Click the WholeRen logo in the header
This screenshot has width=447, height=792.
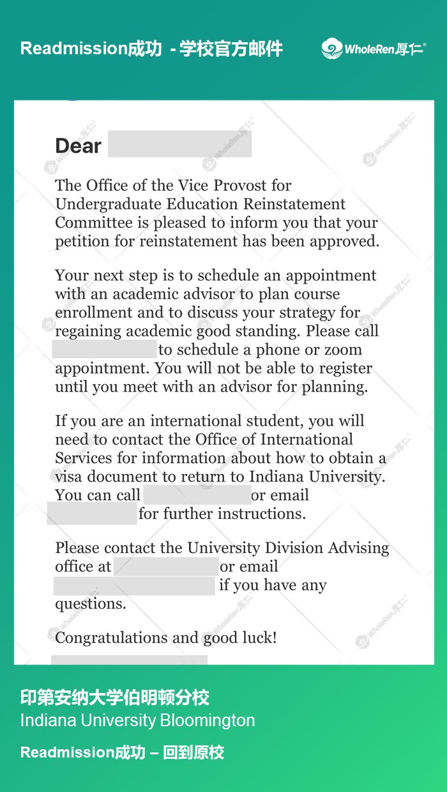point(374,49)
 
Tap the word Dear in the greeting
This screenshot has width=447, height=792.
point(78,146)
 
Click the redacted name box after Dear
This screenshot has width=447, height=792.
point(179,144)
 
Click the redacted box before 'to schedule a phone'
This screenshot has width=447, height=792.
point(104,349)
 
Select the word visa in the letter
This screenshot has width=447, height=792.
point(70,476)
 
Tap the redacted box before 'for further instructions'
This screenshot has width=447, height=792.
point(92,514)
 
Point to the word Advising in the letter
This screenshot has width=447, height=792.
point(358,548)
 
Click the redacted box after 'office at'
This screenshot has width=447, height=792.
point(166,567)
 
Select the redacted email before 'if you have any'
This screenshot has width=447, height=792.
point(134,585)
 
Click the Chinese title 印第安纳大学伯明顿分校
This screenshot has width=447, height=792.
point(115,697)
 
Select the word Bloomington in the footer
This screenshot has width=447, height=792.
point(207,720)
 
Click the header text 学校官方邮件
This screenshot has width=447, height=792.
point(231,49)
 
